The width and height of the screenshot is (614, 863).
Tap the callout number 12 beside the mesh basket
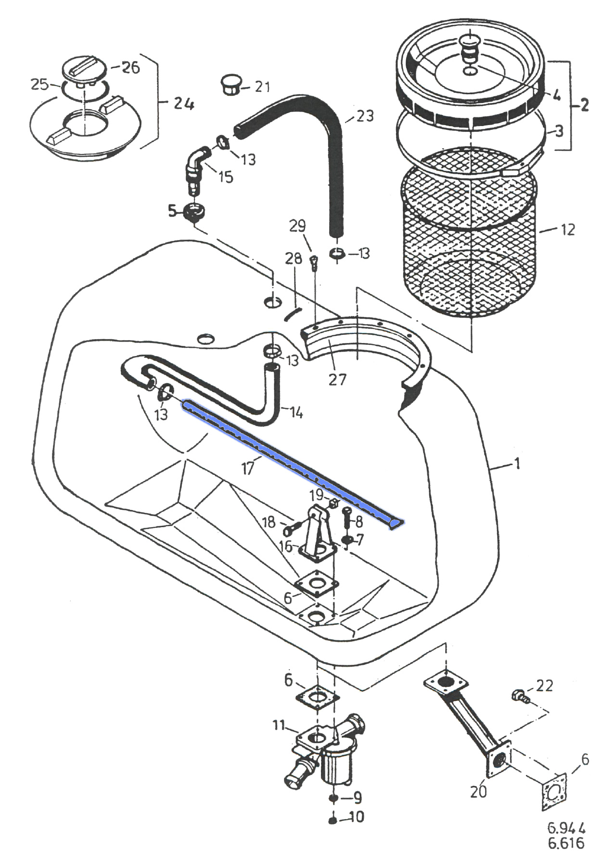pyautogui.click(x=568, y=229)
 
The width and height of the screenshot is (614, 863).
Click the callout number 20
pyautogui.click(x=478, y=791)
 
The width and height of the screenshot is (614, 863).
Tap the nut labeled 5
pyautogui.click(x=194, y=212)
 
